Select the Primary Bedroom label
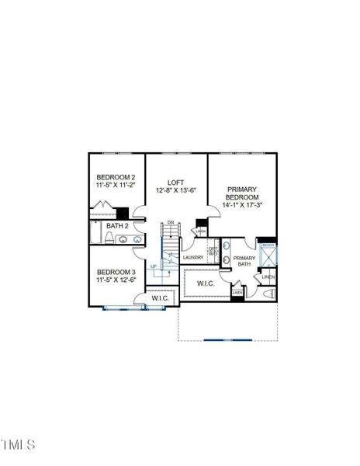(x=242, y=193)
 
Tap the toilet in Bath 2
(x=109, y=238)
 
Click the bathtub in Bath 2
(x=96, y=233)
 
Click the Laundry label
(x=193, y=257)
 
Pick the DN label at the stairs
(x=171, y=224)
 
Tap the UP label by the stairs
(x=154, y=266)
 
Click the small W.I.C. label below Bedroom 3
(x=161, y=297)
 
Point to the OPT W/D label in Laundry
(x=213, y=250)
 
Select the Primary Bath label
(x=244, y=262)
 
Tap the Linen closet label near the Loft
(x=201, y=231)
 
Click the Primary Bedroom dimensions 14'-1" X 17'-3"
(x=242, y=206)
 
